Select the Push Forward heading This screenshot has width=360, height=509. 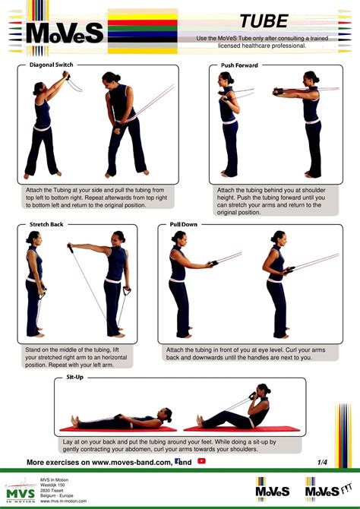pos(240,65)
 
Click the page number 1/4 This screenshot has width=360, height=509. pos(323,461)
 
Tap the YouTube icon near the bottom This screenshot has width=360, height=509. pos(201,461)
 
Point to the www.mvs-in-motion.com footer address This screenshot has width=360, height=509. pos(63,502)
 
